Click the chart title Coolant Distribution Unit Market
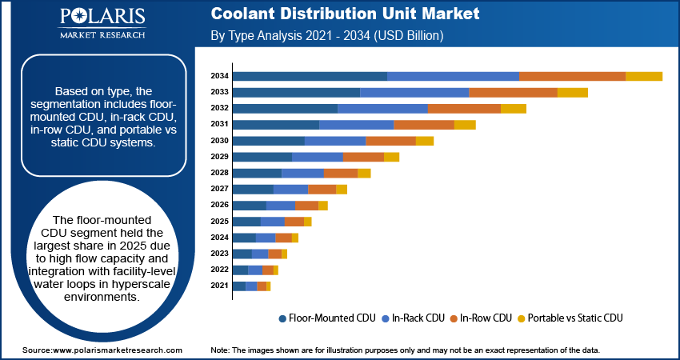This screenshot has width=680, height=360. tap(345, 14)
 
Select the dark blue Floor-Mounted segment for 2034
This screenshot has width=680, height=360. tap(310, 76)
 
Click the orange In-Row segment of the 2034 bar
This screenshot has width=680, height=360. tap(572, 76)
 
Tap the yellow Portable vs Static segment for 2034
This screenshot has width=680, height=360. tap(643, 76)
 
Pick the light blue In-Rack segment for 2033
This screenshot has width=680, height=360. tap(414, 92)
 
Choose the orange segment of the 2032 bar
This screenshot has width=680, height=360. tap(464, 108)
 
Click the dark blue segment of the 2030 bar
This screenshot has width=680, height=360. tap(268, 141)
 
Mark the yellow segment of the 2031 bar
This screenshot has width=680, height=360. tap(465, 125)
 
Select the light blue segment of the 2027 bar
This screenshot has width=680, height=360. tap(290, 189)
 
